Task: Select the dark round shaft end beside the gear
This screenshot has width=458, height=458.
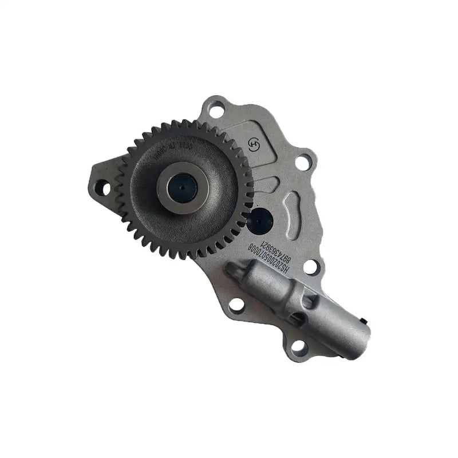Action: point(262,218)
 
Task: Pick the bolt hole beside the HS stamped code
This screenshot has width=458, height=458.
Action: point(310,267)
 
